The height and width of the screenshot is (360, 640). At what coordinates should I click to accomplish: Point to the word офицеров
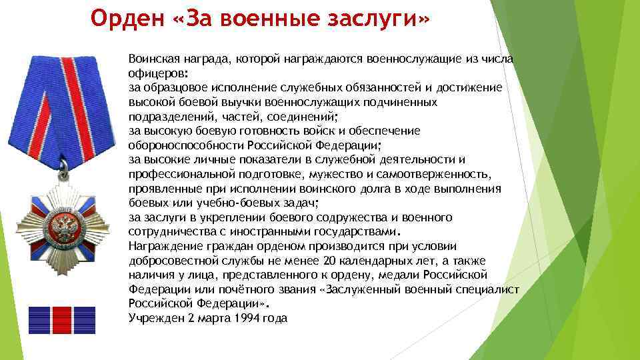pos(157,73)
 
